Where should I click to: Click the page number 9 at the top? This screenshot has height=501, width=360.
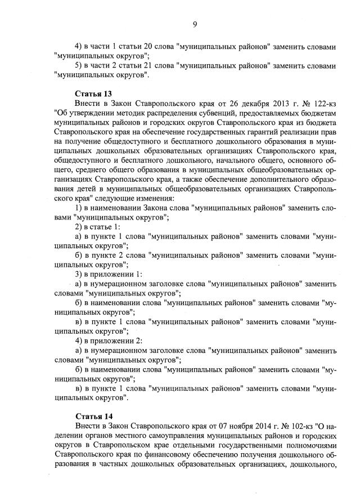coord(194,23)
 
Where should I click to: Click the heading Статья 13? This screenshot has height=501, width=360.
coord(90,92)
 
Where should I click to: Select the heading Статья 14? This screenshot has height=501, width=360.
coord(90,417)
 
